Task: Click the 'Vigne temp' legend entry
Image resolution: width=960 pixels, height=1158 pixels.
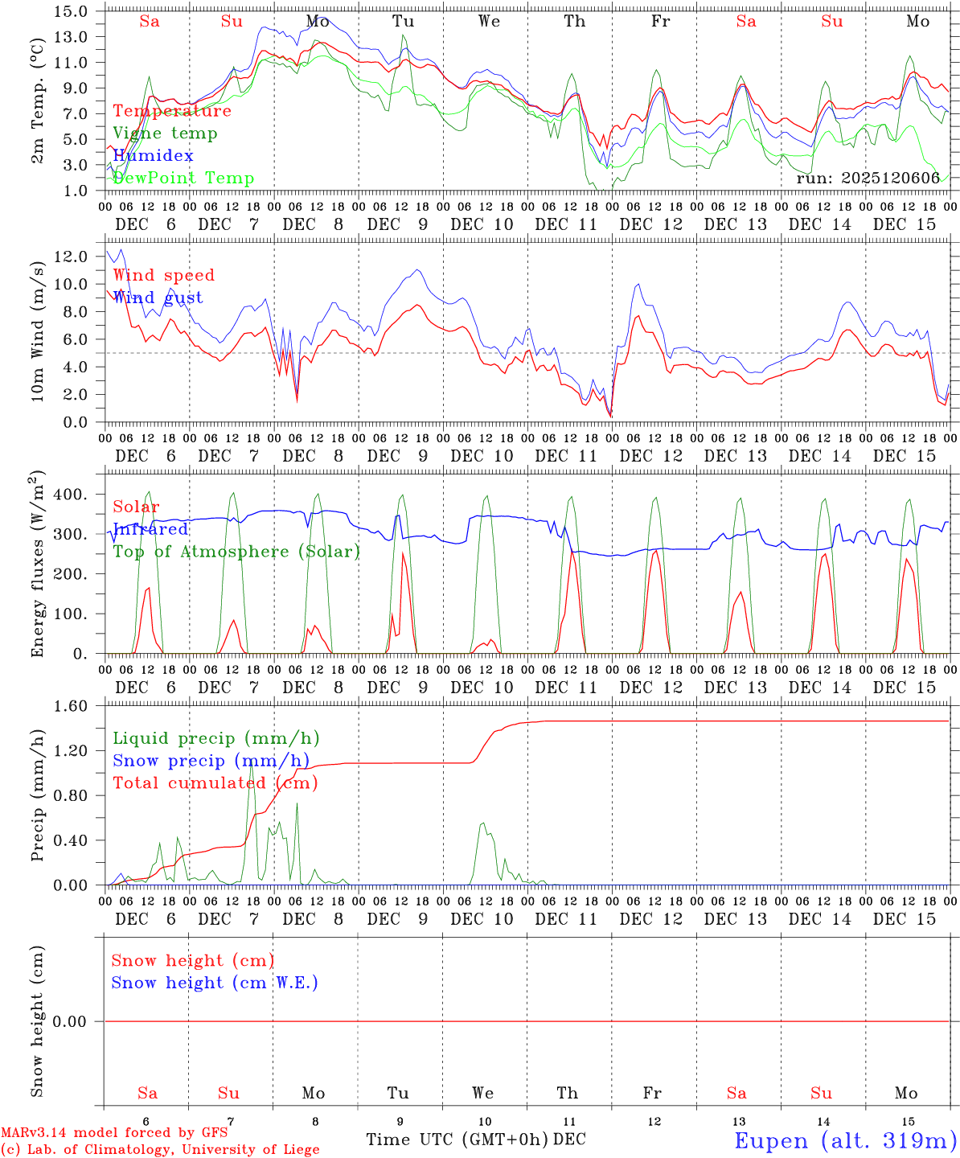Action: [x=165, y=133]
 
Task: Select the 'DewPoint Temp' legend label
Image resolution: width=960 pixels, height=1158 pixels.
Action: [x=183, y=179]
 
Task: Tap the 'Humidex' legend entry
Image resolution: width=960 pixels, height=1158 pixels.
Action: [x=153, y=156]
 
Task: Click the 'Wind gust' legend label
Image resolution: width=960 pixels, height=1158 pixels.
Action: [x=158, y=298]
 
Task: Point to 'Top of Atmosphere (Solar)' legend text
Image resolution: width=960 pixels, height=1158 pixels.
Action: [x=236, y=552]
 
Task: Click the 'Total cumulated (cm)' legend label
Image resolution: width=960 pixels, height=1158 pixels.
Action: [x=215, y=783]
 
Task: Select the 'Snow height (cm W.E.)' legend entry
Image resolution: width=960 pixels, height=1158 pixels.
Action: [x=215, y=983]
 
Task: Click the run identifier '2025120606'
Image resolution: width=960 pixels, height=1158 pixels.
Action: [x=868, y=179]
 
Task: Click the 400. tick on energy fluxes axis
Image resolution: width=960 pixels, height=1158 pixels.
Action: [x=71, y=494]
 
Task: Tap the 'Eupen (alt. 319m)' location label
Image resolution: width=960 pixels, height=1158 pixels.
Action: [x=845, y=1140]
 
